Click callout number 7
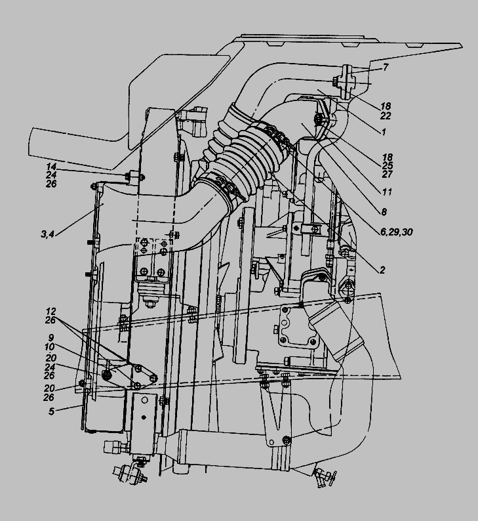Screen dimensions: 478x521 [x=386, y=68]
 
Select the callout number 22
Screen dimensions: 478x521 [x=386, y=115]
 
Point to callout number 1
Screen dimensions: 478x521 [x=384, y=132]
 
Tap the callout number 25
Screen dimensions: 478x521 [x=388, y=165]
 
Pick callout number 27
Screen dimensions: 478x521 [x=388, y=174]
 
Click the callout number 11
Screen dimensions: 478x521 [x=387, y=192]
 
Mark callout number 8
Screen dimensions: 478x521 [x=384, y=212]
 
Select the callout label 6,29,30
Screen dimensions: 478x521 [x=396, y=232]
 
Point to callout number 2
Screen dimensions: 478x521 [x=382, y=270]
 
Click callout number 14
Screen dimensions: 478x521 [x=51, y=167]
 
